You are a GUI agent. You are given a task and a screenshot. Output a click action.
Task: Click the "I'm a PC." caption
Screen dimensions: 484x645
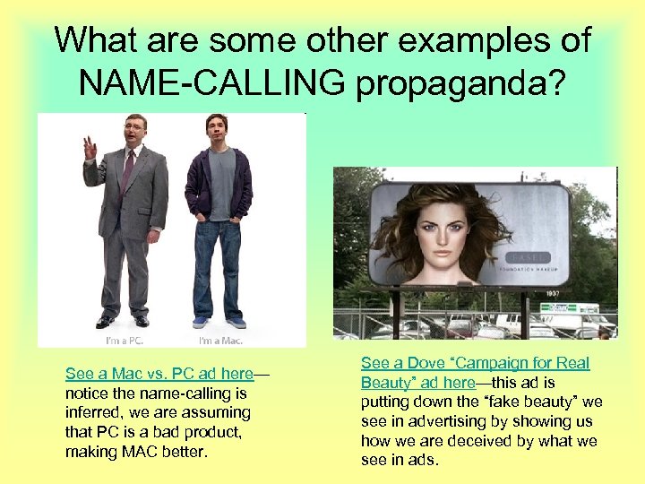[123, 341]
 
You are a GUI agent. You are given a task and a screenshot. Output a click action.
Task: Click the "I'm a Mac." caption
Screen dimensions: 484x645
[220, 341]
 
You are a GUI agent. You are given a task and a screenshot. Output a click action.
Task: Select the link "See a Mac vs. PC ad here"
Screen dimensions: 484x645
[159, 373]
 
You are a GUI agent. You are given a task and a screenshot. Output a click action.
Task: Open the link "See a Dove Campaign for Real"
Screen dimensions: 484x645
[475, 363]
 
